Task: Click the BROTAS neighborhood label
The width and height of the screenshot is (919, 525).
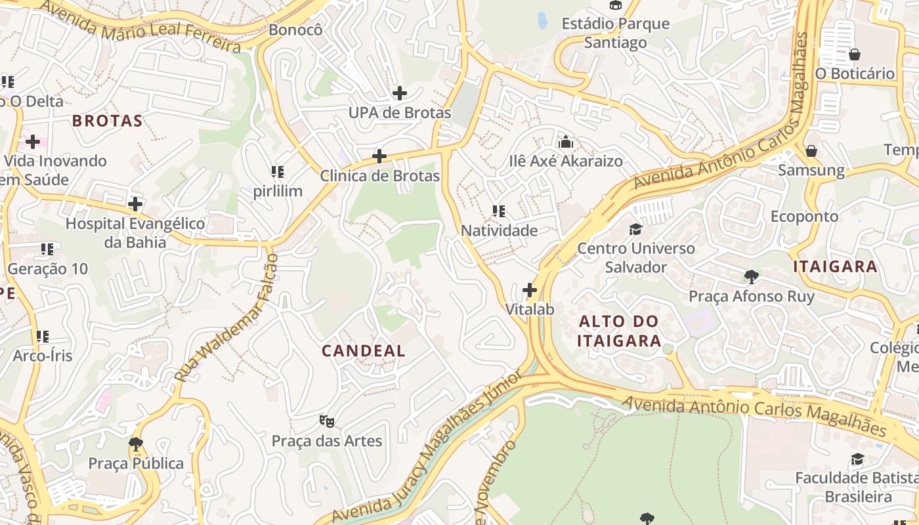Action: tap(107, 121)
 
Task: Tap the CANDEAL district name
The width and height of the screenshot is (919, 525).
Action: tap(363, 350)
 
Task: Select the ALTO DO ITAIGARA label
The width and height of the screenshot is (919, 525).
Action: tap(619, 331)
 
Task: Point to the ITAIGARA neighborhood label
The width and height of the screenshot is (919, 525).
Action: tap(835, 266)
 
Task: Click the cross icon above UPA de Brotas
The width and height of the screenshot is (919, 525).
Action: tap(399, 93)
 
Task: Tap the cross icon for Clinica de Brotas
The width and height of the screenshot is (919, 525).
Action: tap(379, 156)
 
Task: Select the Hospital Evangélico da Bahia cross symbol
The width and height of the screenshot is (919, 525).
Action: tap(135, 204)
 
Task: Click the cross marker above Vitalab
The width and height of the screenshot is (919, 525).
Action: tap(530, 290)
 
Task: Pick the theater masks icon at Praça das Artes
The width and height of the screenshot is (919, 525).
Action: tap(326, 421)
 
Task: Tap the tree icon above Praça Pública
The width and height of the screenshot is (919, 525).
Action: tap(136, 444)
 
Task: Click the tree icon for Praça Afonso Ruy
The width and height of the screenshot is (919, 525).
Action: tap(752, 277)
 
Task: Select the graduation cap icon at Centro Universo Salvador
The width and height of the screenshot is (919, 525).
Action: tap(635, 229)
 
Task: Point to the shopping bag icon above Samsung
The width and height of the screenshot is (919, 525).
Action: tap(811, 151)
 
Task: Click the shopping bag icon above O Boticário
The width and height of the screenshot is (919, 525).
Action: tap(855, 54)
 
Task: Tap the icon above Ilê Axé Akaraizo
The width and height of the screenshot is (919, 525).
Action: tap(565, 142)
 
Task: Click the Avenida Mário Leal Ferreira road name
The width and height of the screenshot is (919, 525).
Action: tap(140, 26)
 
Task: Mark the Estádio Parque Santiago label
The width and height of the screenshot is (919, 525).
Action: tap(616, 33)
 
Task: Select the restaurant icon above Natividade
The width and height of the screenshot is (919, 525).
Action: tap(499, 211)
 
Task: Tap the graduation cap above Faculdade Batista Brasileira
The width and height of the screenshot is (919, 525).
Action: tap(857, 459)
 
